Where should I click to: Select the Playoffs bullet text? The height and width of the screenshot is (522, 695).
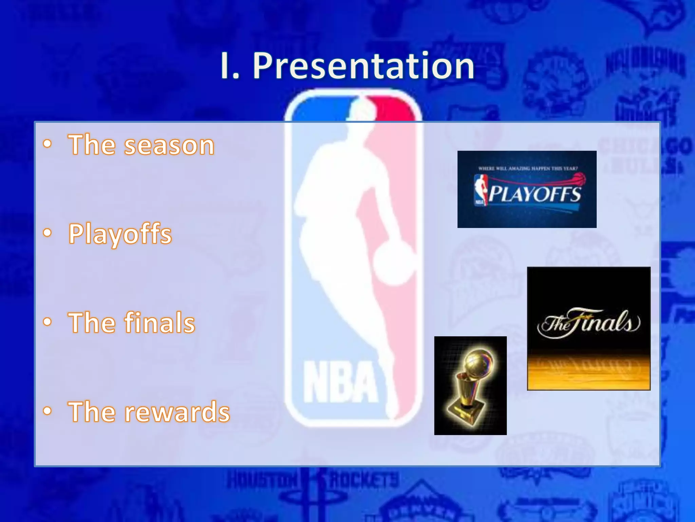tap(120, 234)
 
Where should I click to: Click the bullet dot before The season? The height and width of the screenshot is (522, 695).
tap(48, 144)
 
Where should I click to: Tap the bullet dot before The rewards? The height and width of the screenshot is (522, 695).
tap(48, 411)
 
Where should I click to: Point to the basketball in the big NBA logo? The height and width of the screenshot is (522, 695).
tap(394, 263)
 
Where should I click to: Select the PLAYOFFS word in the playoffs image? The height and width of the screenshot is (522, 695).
tap(534, 194)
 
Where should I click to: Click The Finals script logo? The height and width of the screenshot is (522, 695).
tap(589, 323)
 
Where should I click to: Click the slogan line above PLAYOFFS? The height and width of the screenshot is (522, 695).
tap(528, 168)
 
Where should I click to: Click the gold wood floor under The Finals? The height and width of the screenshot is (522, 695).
tap(589, 372)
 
